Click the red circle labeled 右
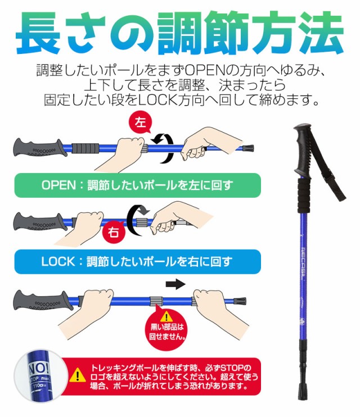pyautogui.click(x=114, y=232)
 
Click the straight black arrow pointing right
pyautogui.click(x=176, y=284)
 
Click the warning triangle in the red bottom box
pyautogui.click(x=76, y=375)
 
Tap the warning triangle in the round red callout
pyautogui.click(x=167, y=315)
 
